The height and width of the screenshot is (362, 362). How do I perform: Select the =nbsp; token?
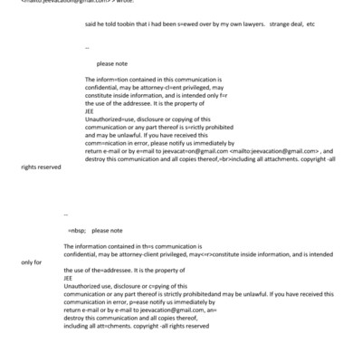coord(79,231)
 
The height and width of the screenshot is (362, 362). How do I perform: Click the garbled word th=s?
coord(142,247)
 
